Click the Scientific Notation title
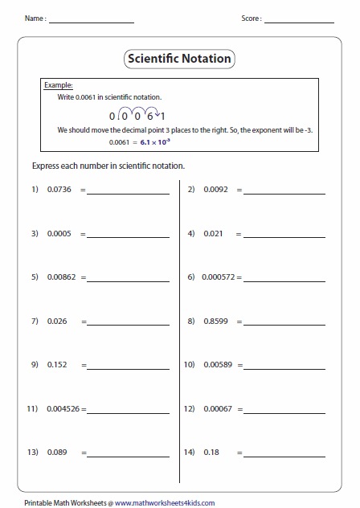179,59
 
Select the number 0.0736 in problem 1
59,190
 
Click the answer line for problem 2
285,193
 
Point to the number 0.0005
59,233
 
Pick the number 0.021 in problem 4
213,233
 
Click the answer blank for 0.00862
129,281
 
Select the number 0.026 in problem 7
57,321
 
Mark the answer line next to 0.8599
285,324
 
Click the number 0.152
57,364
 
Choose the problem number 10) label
190,364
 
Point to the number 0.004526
63,408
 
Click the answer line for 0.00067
285,412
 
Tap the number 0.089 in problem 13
57,452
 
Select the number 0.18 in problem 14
211,452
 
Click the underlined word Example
59,84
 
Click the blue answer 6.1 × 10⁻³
156,141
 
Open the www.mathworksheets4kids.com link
165,502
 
